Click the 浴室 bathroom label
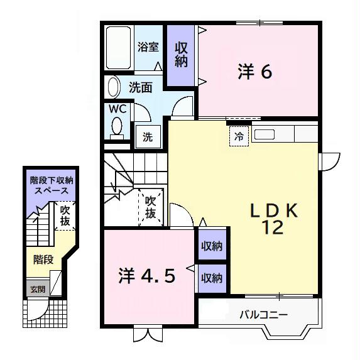pos(148,47)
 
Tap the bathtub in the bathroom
pos(118,49)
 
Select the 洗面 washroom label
pos(141,87)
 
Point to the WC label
pos(118,108)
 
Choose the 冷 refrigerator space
pos(239,136)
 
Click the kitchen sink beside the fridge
pos(264,134)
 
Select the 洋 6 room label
pos(254,72)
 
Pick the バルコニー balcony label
pos(264,314)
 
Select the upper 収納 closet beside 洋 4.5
pos(212,247)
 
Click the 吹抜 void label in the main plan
pos(151,207)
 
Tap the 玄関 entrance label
pos(37,290)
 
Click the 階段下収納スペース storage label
pos(51,185)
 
